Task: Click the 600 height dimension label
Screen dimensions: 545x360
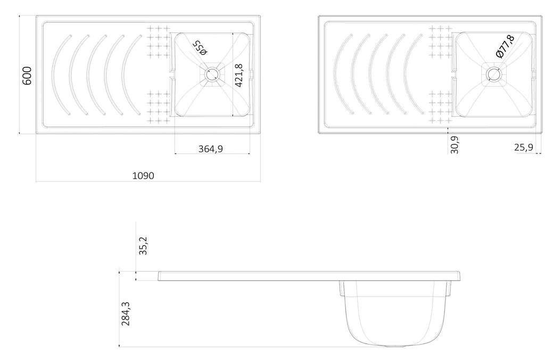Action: (x=27, y=76)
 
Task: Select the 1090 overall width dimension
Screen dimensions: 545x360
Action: (x=143, y=176)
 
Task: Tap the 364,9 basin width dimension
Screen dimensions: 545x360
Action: (x=211, y=149)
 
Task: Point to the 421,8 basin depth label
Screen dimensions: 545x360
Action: (x=239, y=75)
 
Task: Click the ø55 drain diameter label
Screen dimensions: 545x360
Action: (x=201, y=47)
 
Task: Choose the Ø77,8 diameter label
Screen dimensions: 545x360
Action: (x=506, y=47)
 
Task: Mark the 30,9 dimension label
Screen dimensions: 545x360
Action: (x=455, y=144)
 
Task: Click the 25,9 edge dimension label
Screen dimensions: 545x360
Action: (x=524, y=147)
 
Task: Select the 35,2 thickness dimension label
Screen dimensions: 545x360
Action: (x=143, y=246)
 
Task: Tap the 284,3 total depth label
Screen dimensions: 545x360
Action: (x=126, y=314)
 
